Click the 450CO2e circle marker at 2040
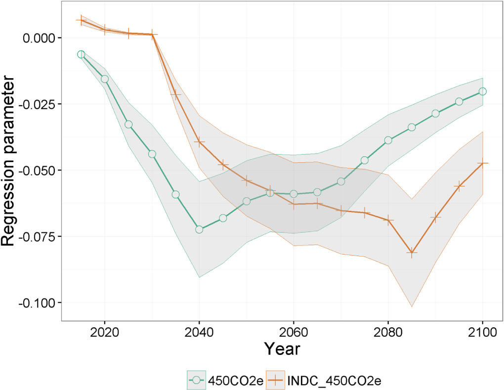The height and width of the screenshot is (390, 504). coord(199,229)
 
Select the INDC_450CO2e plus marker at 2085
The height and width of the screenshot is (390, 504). coord(412,252)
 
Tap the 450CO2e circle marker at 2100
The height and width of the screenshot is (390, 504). coord(483,91)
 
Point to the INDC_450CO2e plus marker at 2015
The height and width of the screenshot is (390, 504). coord(81,20)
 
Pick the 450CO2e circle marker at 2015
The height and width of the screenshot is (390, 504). coord(81,54)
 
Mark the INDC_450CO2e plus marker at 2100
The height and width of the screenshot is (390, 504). coord(483,163)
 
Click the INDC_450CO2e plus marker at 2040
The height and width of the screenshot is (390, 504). coord(199,142)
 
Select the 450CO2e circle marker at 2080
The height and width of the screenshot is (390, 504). coord(388,140)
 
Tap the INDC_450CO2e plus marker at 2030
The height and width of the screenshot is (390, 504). coord(152,35)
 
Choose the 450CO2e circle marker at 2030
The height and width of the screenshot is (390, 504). coord(152,154)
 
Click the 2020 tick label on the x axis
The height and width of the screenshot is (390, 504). coord(105,331)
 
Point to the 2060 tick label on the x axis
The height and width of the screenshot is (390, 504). coord(294,331)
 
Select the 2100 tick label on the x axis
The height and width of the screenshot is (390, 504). coord(483,331)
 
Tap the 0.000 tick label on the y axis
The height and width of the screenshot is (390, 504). coord(41,38)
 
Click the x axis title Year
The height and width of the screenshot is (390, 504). coord(282,349)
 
